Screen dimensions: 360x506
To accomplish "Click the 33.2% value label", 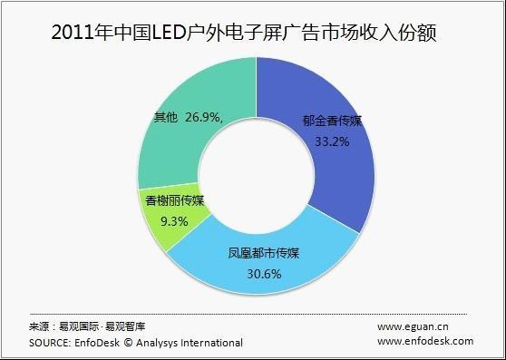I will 331,142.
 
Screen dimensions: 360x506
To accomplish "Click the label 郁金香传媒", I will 331,125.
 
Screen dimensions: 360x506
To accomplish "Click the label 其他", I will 166,117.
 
